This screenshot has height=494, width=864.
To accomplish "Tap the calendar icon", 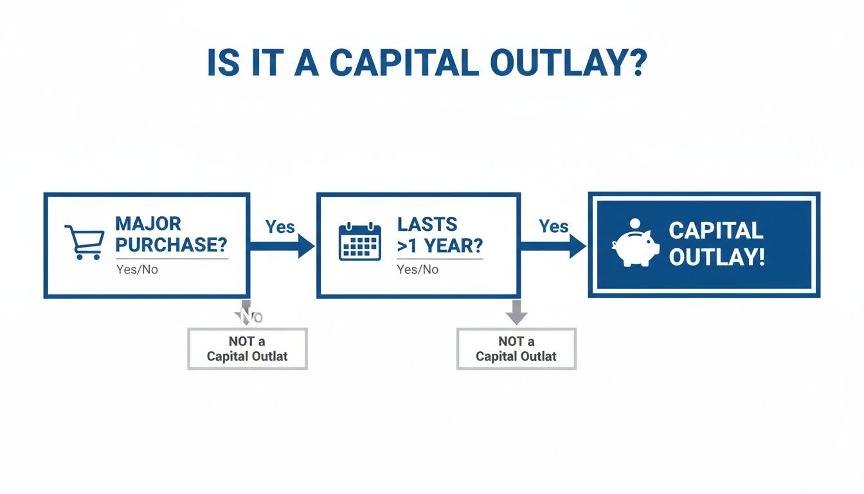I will pos(360,242).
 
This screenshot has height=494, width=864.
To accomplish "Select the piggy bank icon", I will pos(635,244).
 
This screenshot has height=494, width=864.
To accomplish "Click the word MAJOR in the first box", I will pos(148,224).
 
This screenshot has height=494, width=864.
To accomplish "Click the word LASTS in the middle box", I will pos(428,224).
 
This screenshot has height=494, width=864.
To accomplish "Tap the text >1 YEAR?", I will pos(440,245).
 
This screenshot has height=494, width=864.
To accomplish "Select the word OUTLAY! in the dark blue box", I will pos(717,257).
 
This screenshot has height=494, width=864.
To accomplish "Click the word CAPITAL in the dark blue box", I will pos(716,230).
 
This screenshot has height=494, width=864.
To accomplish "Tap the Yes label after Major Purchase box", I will pos(280,226).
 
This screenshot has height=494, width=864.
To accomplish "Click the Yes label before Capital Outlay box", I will pos(553,226).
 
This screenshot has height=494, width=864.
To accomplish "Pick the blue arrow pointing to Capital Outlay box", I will pos(553,246).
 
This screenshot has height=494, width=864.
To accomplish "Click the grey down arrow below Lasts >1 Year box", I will pos(516,312).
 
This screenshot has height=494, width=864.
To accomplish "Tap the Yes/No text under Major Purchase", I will pos(137,270).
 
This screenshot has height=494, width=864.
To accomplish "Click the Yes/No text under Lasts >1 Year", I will pos(418,270).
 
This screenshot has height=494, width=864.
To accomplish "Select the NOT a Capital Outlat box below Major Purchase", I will pos(248,349).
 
